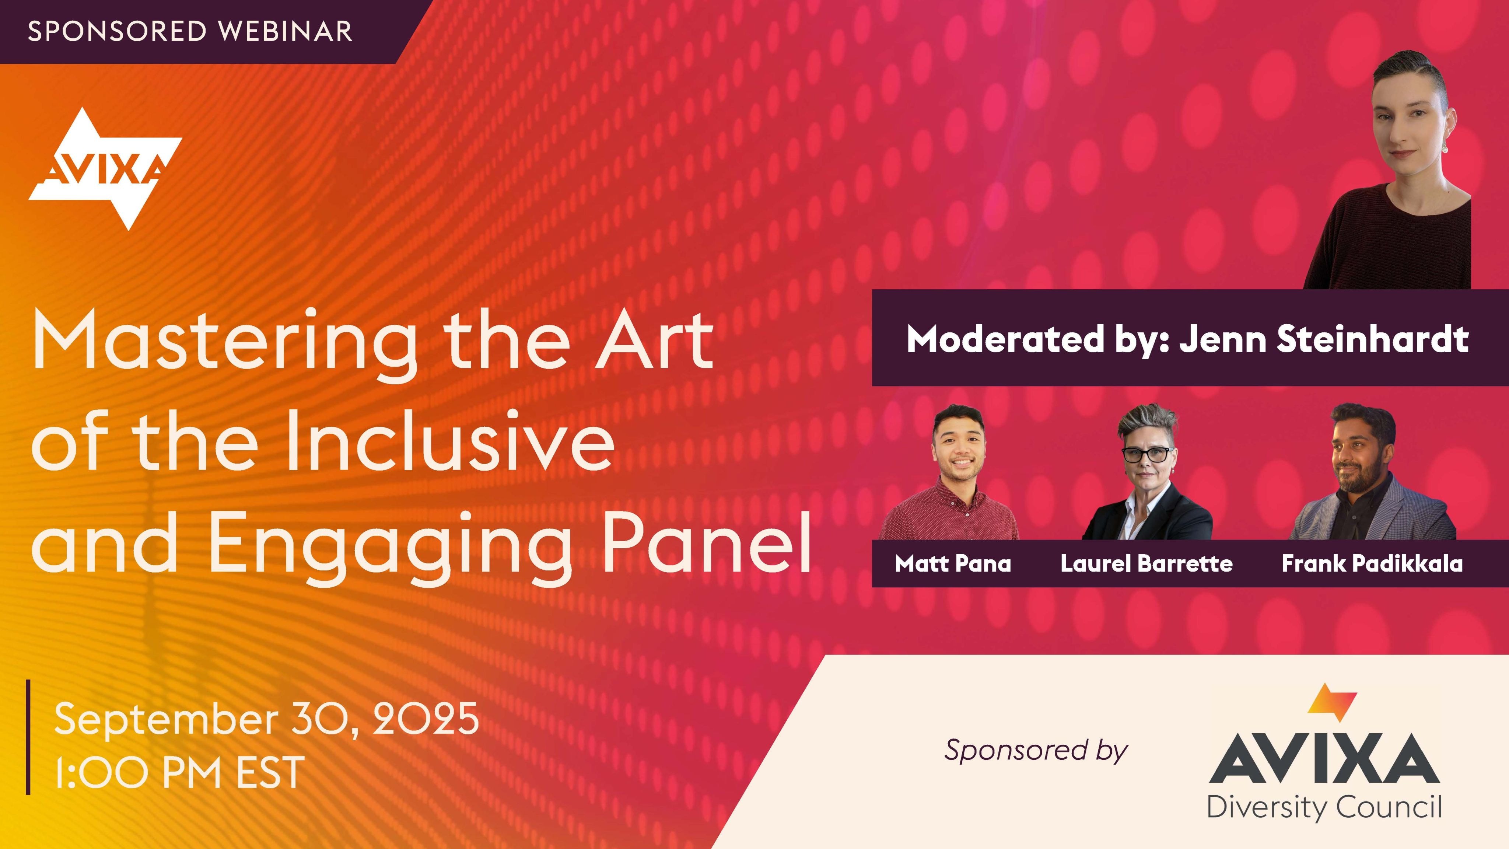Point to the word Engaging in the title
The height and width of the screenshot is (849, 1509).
(389, 545)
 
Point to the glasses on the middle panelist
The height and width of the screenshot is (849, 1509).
(1147, 454)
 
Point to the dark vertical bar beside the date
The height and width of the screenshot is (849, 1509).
(28, 737)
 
